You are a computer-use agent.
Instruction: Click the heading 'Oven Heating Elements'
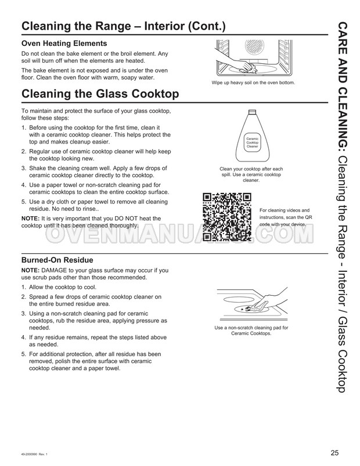[64, 44]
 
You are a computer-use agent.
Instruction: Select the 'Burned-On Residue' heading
[57, 260]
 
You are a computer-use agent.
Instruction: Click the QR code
[227, 217]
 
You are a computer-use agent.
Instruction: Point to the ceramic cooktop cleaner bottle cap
[252, 112]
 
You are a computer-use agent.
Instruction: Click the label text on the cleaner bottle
[252, 143]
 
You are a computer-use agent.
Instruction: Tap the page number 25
[334, 453]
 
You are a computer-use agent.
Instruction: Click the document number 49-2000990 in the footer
[29, 454]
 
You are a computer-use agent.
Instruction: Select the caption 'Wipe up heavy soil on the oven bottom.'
[253, 83]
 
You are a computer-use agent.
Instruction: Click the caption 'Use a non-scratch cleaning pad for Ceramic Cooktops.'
[251, 331]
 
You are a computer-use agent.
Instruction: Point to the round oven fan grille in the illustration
[254, 47]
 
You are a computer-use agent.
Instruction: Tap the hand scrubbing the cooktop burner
[267, 301]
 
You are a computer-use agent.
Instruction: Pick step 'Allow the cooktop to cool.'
[63, 288]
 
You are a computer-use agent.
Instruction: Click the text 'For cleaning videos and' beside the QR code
[285, 210]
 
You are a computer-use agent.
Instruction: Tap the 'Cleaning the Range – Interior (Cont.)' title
[124, 27]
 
